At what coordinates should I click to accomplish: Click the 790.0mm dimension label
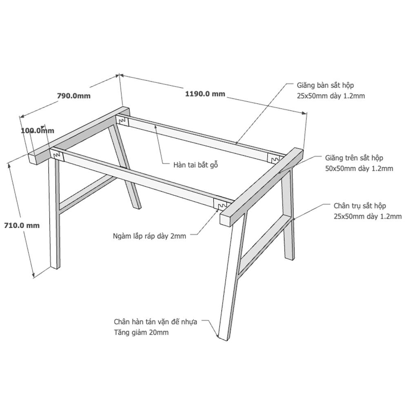coord(74,96)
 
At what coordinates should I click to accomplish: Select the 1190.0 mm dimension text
coord(205,94)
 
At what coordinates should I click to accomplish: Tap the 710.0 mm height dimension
coord(22,225)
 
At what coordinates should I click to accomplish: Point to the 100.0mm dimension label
coord(38,130)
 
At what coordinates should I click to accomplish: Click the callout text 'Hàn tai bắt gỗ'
coord(195,165)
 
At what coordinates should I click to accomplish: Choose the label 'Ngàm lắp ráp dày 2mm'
coord(149,236)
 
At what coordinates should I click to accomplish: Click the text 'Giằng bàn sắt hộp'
coord(325,85)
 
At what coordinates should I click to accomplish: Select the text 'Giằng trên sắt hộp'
coord(354,157)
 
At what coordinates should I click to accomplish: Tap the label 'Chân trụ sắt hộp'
coord(359,206)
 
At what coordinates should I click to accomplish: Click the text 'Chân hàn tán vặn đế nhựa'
coord(155,322)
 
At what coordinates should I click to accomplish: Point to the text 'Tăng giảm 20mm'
coord(141,332)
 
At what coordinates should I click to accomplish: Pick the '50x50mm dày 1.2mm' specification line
coord(359,169)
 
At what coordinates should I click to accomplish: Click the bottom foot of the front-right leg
coord(223,338)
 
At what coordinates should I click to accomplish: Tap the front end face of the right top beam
coord(225,220)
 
